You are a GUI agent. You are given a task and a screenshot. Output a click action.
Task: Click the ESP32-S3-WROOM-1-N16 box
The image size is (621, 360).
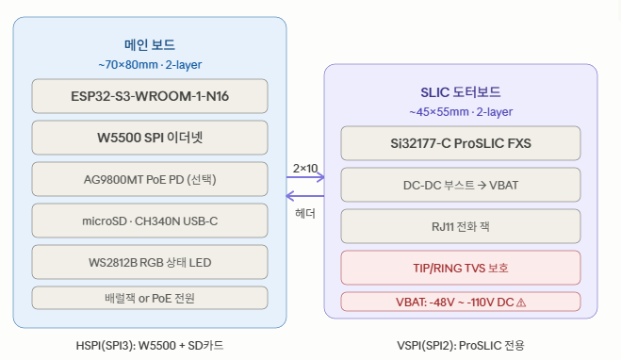click(x=150, y=96)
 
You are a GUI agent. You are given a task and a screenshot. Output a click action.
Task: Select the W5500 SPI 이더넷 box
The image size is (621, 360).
click(x=150, y=138)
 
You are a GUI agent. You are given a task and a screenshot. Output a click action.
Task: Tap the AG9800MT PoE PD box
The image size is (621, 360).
click(x=150, y=179)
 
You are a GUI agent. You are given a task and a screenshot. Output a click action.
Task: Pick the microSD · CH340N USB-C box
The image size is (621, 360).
click(x=150, y=221)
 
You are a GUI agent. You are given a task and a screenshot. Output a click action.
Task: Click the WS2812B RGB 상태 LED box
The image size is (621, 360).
click(x=150, y=262)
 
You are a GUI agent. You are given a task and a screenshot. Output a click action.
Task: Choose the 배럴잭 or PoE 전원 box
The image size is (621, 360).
click(x=150, y=298)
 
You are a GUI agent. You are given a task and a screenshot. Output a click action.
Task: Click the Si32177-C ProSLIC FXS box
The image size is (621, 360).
click(x=461, y=143)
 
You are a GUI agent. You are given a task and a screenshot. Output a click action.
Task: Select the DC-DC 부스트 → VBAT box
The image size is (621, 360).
click(x=461, y=185)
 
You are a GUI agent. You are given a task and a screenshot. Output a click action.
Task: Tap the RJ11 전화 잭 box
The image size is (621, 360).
click(x=461, y=226)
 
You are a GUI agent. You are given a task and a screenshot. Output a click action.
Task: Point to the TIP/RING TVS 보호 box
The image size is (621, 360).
click(x=461, y=268)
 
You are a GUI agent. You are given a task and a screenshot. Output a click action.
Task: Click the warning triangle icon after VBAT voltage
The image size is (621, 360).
click(x=521, y=303)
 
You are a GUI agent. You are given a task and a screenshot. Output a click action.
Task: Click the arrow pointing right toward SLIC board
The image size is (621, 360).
click(x=305, y=177)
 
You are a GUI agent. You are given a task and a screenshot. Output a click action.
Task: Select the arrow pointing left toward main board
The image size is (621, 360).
click(x=305, y=196)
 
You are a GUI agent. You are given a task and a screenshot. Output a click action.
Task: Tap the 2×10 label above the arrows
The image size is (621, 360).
click(x=305, y=169)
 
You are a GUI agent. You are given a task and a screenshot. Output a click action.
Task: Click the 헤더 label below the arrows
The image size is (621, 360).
click(x=305, y=214)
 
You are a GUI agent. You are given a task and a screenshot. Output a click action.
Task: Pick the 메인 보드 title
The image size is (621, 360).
click(x=150, y=44)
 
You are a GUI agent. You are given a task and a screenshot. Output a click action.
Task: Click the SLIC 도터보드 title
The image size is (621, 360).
click(x=461, y=92)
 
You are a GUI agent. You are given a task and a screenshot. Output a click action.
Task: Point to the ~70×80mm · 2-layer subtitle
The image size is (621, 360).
click(x=150, y=64)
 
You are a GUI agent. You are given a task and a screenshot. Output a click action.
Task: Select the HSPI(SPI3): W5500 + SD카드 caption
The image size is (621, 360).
click(x=150, y=345)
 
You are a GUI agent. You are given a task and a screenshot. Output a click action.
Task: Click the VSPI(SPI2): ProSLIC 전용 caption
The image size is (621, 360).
click(x=461, y=345)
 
